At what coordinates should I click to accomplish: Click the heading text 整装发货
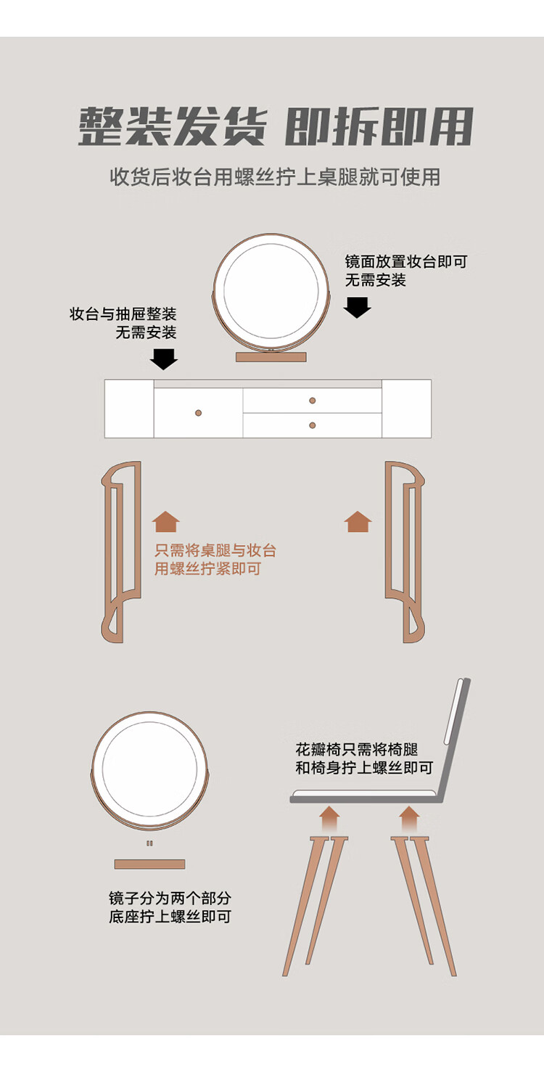(x=172, y=126)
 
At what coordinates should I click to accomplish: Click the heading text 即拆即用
(x=379, y=126)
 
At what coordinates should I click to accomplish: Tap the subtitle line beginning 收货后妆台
(x=275, y=176)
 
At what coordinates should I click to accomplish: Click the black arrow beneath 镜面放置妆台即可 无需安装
(x=358, y=307)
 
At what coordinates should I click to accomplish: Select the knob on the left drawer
(x=198, y=413)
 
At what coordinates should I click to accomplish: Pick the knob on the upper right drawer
(x=313, y=401)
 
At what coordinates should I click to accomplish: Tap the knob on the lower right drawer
(x=313, y=425)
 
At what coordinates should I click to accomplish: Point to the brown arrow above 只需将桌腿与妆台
(x=166, y=522)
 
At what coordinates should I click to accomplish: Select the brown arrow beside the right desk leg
(x=358, y=522)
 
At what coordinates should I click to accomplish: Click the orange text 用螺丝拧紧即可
(x=207, y=568)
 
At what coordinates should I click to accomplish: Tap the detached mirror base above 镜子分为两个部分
(x=149, y=864)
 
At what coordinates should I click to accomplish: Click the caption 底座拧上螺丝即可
(x=170, y=917)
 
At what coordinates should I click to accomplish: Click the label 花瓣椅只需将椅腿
(x=357, y=749)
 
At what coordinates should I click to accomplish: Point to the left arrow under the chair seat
(x=329, y=819)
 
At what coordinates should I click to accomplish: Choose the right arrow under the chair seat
(x=410, y=819)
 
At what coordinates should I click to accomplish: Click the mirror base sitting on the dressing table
(x=271, y=357)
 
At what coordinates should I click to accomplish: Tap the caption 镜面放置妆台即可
(x=406, y=261)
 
